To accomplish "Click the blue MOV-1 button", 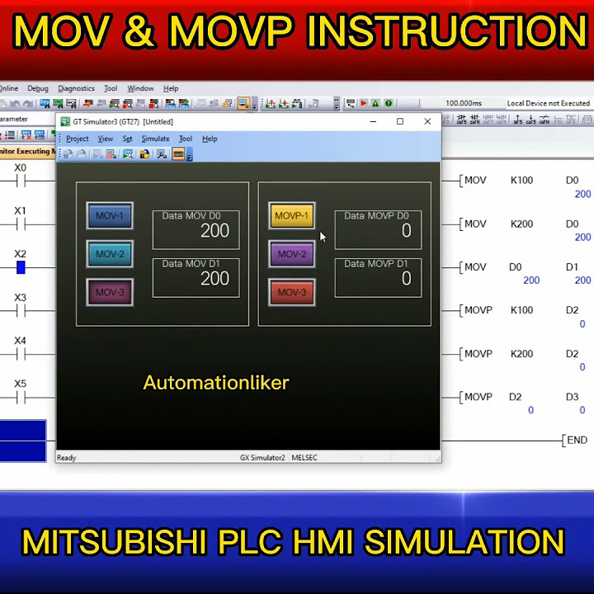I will click(110, 216).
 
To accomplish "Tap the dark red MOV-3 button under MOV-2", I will click(110, 292).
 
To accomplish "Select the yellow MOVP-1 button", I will click(291, 216).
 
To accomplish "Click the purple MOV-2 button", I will click(291, 254).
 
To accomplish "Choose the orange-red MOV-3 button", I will click(291, 292).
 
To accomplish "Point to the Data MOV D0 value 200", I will click(214, 231).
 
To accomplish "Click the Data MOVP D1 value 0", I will click(406, 279).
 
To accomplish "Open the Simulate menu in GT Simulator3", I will click(155, 139).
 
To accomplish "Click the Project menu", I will click(78, 139).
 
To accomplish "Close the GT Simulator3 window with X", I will click(427, 121).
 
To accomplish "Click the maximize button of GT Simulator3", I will click(400, 121).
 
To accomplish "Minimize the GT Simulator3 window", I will click(373, 121).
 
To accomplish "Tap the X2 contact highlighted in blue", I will click(21, 267).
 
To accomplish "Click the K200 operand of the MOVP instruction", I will click(521, 354).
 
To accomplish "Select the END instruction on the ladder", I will click(577, 441).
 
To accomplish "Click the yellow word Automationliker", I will click(216, 383).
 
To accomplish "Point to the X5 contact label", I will click(21, 384).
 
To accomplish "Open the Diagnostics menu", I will click(76, 88).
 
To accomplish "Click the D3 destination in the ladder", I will click(572, 397).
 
